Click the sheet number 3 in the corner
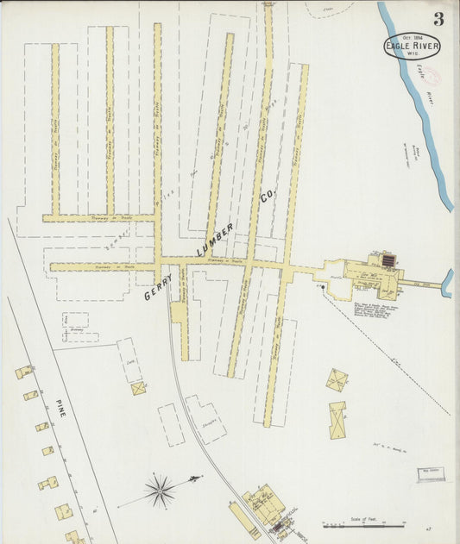439,19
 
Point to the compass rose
160,491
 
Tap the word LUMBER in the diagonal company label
214,239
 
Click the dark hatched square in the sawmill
388,259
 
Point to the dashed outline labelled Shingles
206,420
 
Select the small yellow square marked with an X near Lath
138,388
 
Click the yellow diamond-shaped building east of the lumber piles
337,378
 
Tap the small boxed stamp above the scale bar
429,472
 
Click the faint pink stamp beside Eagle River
430,77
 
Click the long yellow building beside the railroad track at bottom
244,521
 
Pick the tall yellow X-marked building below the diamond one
337,420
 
